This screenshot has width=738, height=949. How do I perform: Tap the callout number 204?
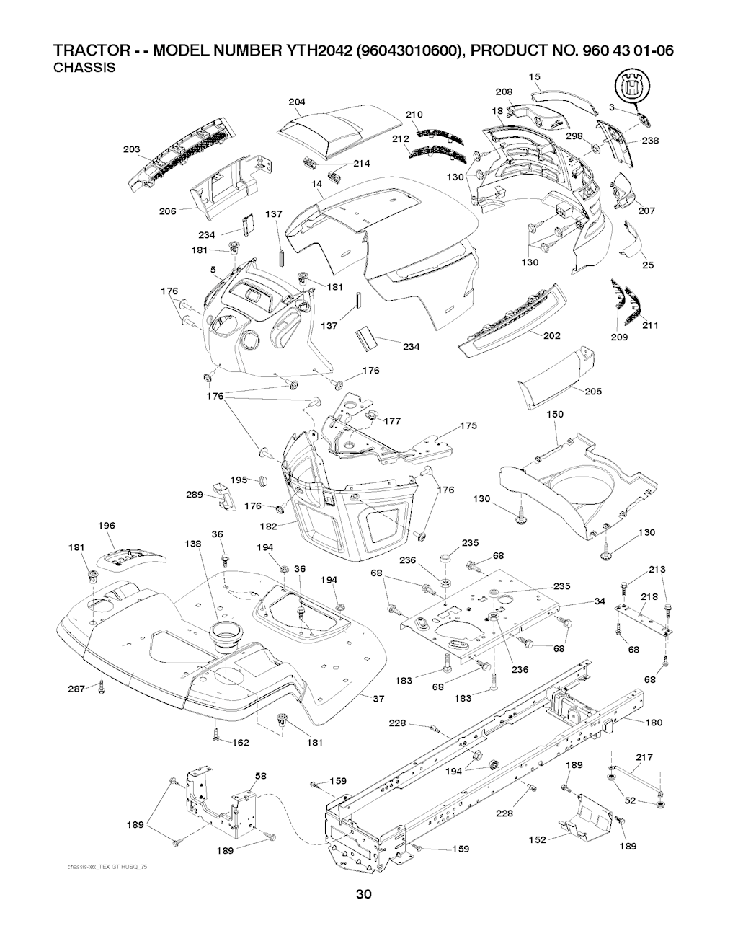(297, 102)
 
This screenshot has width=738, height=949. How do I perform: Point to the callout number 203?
(131, 149)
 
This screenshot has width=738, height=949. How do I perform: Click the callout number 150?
(555, 415)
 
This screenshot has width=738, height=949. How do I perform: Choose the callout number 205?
(594, 392)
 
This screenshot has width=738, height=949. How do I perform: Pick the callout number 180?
(633, 722)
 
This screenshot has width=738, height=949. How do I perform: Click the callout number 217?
(645, 757)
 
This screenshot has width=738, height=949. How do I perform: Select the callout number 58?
(261, 776)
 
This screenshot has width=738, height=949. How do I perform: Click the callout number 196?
(107, 526)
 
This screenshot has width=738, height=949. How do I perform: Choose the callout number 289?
(195, 495)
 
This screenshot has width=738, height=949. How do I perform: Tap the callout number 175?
(468, 426)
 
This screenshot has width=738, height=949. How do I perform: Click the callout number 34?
(600, 601)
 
